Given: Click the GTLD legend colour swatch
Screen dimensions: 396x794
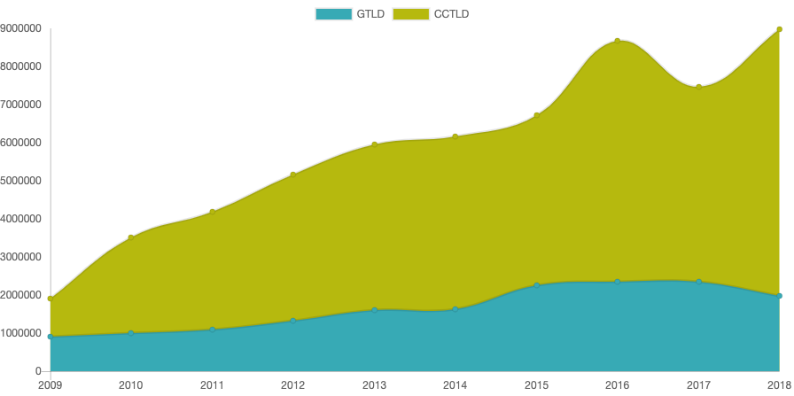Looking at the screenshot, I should coord(333,13).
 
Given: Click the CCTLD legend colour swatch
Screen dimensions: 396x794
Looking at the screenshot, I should coord(410,13).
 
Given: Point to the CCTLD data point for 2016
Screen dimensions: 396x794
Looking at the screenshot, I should coord(617,41).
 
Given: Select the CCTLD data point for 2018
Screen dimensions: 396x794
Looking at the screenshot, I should coord(779,29).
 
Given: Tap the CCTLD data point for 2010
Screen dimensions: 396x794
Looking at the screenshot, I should coord(130,237).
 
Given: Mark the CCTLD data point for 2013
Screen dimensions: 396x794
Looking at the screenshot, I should coord(374,144).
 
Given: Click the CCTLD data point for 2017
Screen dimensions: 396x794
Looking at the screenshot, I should coord(698,87).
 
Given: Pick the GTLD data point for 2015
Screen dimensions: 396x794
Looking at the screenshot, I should coord(536,285).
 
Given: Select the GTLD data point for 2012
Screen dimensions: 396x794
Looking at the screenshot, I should coord(292,321).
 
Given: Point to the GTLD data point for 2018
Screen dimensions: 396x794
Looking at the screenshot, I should coord(779,296).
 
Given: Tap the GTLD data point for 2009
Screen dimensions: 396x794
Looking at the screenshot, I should coord(50,337).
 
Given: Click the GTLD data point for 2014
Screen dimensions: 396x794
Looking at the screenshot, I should coord(455,309).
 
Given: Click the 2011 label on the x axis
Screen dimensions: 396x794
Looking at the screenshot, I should coord(212,385).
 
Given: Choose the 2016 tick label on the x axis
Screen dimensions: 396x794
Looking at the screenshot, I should coord(617,385).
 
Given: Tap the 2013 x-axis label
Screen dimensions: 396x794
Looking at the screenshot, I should coord(374,385).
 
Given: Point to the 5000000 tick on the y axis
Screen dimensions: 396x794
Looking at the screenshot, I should coord(21,181).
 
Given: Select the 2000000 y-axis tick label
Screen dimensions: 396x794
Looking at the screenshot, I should coord(21,295).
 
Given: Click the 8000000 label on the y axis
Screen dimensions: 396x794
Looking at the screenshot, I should coord(21,66).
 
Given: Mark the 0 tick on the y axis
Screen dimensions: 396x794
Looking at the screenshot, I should coord(38,371).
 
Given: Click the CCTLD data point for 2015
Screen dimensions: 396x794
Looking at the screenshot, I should coord(536,115).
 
